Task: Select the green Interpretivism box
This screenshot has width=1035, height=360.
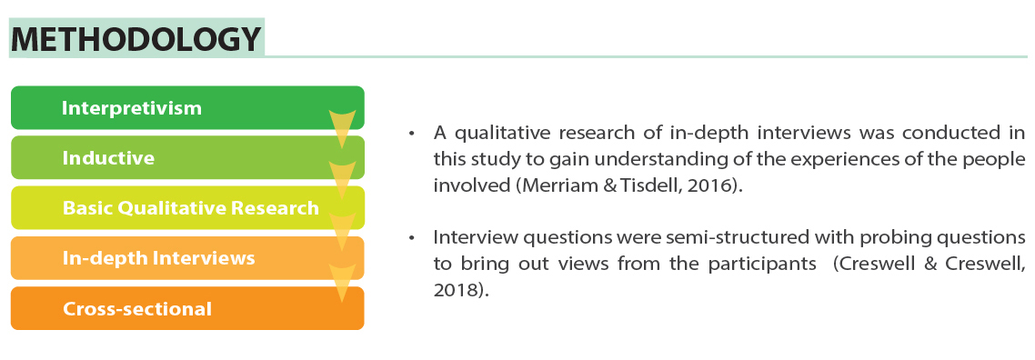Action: coord(187,107)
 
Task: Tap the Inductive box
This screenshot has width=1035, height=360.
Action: coord(187,157)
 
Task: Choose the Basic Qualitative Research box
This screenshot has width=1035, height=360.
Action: coord(187,207)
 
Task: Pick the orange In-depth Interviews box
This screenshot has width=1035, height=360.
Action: coord(187,258)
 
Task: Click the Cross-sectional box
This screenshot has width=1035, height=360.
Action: coord(187,308)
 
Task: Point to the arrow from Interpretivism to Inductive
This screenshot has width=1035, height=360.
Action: coord(342,128)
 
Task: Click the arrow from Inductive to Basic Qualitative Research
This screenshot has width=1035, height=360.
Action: coord(342,179)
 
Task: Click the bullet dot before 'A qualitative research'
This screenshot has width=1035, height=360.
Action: coord(412,134)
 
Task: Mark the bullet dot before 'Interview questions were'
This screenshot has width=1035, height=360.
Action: coord(412,237)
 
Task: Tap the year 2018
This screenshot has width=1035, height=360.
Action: coord(454,290)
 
